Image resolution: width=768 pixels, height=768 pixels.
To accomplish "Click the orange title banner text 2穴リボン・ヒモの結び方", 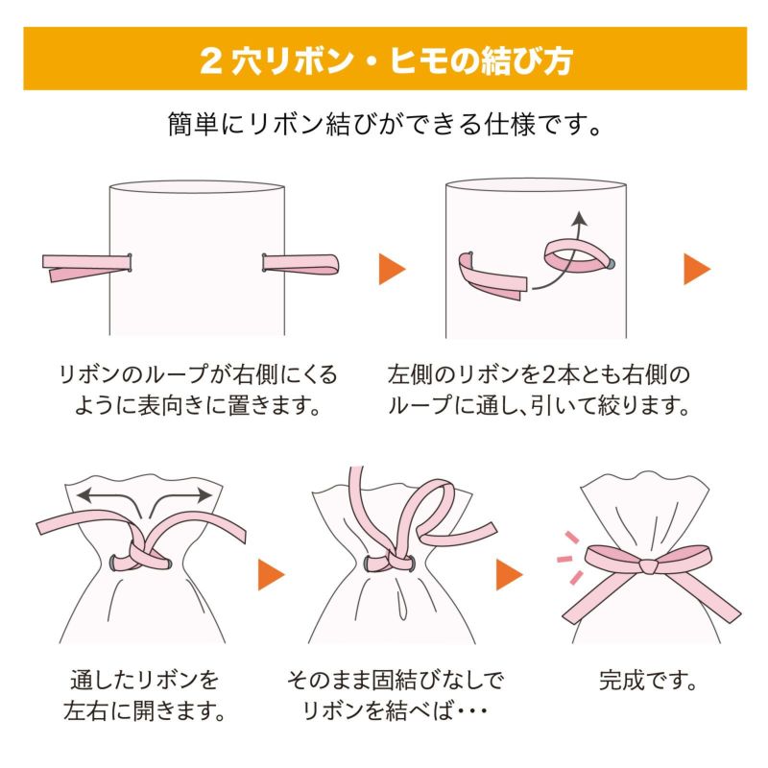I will pyautogui.click(x=385, y=60).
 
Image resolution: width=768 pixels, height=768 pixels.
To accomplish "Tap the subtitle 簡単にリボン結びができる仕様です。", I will pyautogui.click(x=385, y=126).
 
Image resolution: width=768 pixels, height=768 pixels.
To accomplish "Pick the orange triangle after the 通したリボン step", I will pyautogui.click(x=270, y=575).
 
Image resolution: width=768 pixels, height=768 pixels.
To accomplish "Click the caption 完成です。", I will pyautogui.click(x=648, y=683).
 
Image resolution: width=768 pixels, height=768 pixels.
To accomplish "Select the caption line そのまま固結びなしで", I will pyautogui.click(x=395, y=682).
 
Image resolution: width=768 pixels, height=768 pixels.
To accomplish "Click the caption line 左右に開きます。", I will pyautogui.click(x=144, y=712).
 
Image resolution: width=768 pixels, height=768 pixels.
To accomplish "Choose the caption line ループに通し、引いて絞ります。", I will pyautogui.click(x=539, y=405).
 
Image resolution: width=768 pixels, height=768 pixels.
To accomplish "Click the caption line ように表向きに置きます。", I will pyautogui.click(x=197, y=405).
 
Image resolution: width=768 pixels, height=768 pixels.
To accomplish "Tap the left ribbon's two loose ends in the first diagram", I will pyautogui.click(x=58, y=268).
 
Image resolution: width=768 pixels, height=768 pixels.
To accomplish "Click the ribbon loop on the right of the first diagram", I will pyautogui.click(x=307, y=261).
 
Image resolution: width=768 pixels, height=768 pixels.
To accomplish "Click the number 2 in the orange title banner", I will pyautogui.click(x=210, y=60).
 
